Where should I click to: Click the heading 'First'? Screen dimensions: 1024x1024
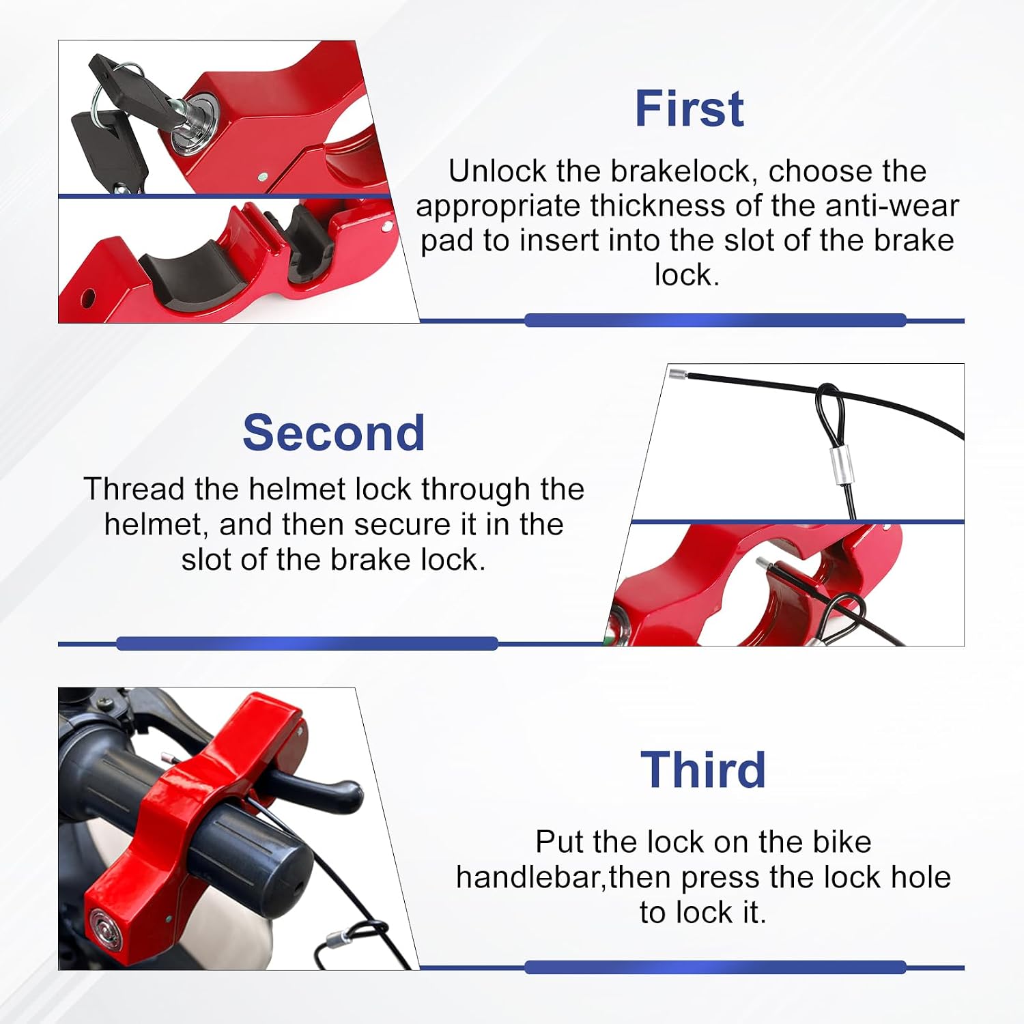tap(689, 109)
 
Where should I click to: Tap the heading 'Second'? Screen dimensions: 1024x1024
tap(334, 433)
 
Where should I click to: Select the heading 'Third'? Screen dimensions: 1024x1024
tap(703, 769)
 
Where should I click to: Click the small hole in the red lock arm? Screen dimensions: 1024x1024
tap(87, 298)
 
